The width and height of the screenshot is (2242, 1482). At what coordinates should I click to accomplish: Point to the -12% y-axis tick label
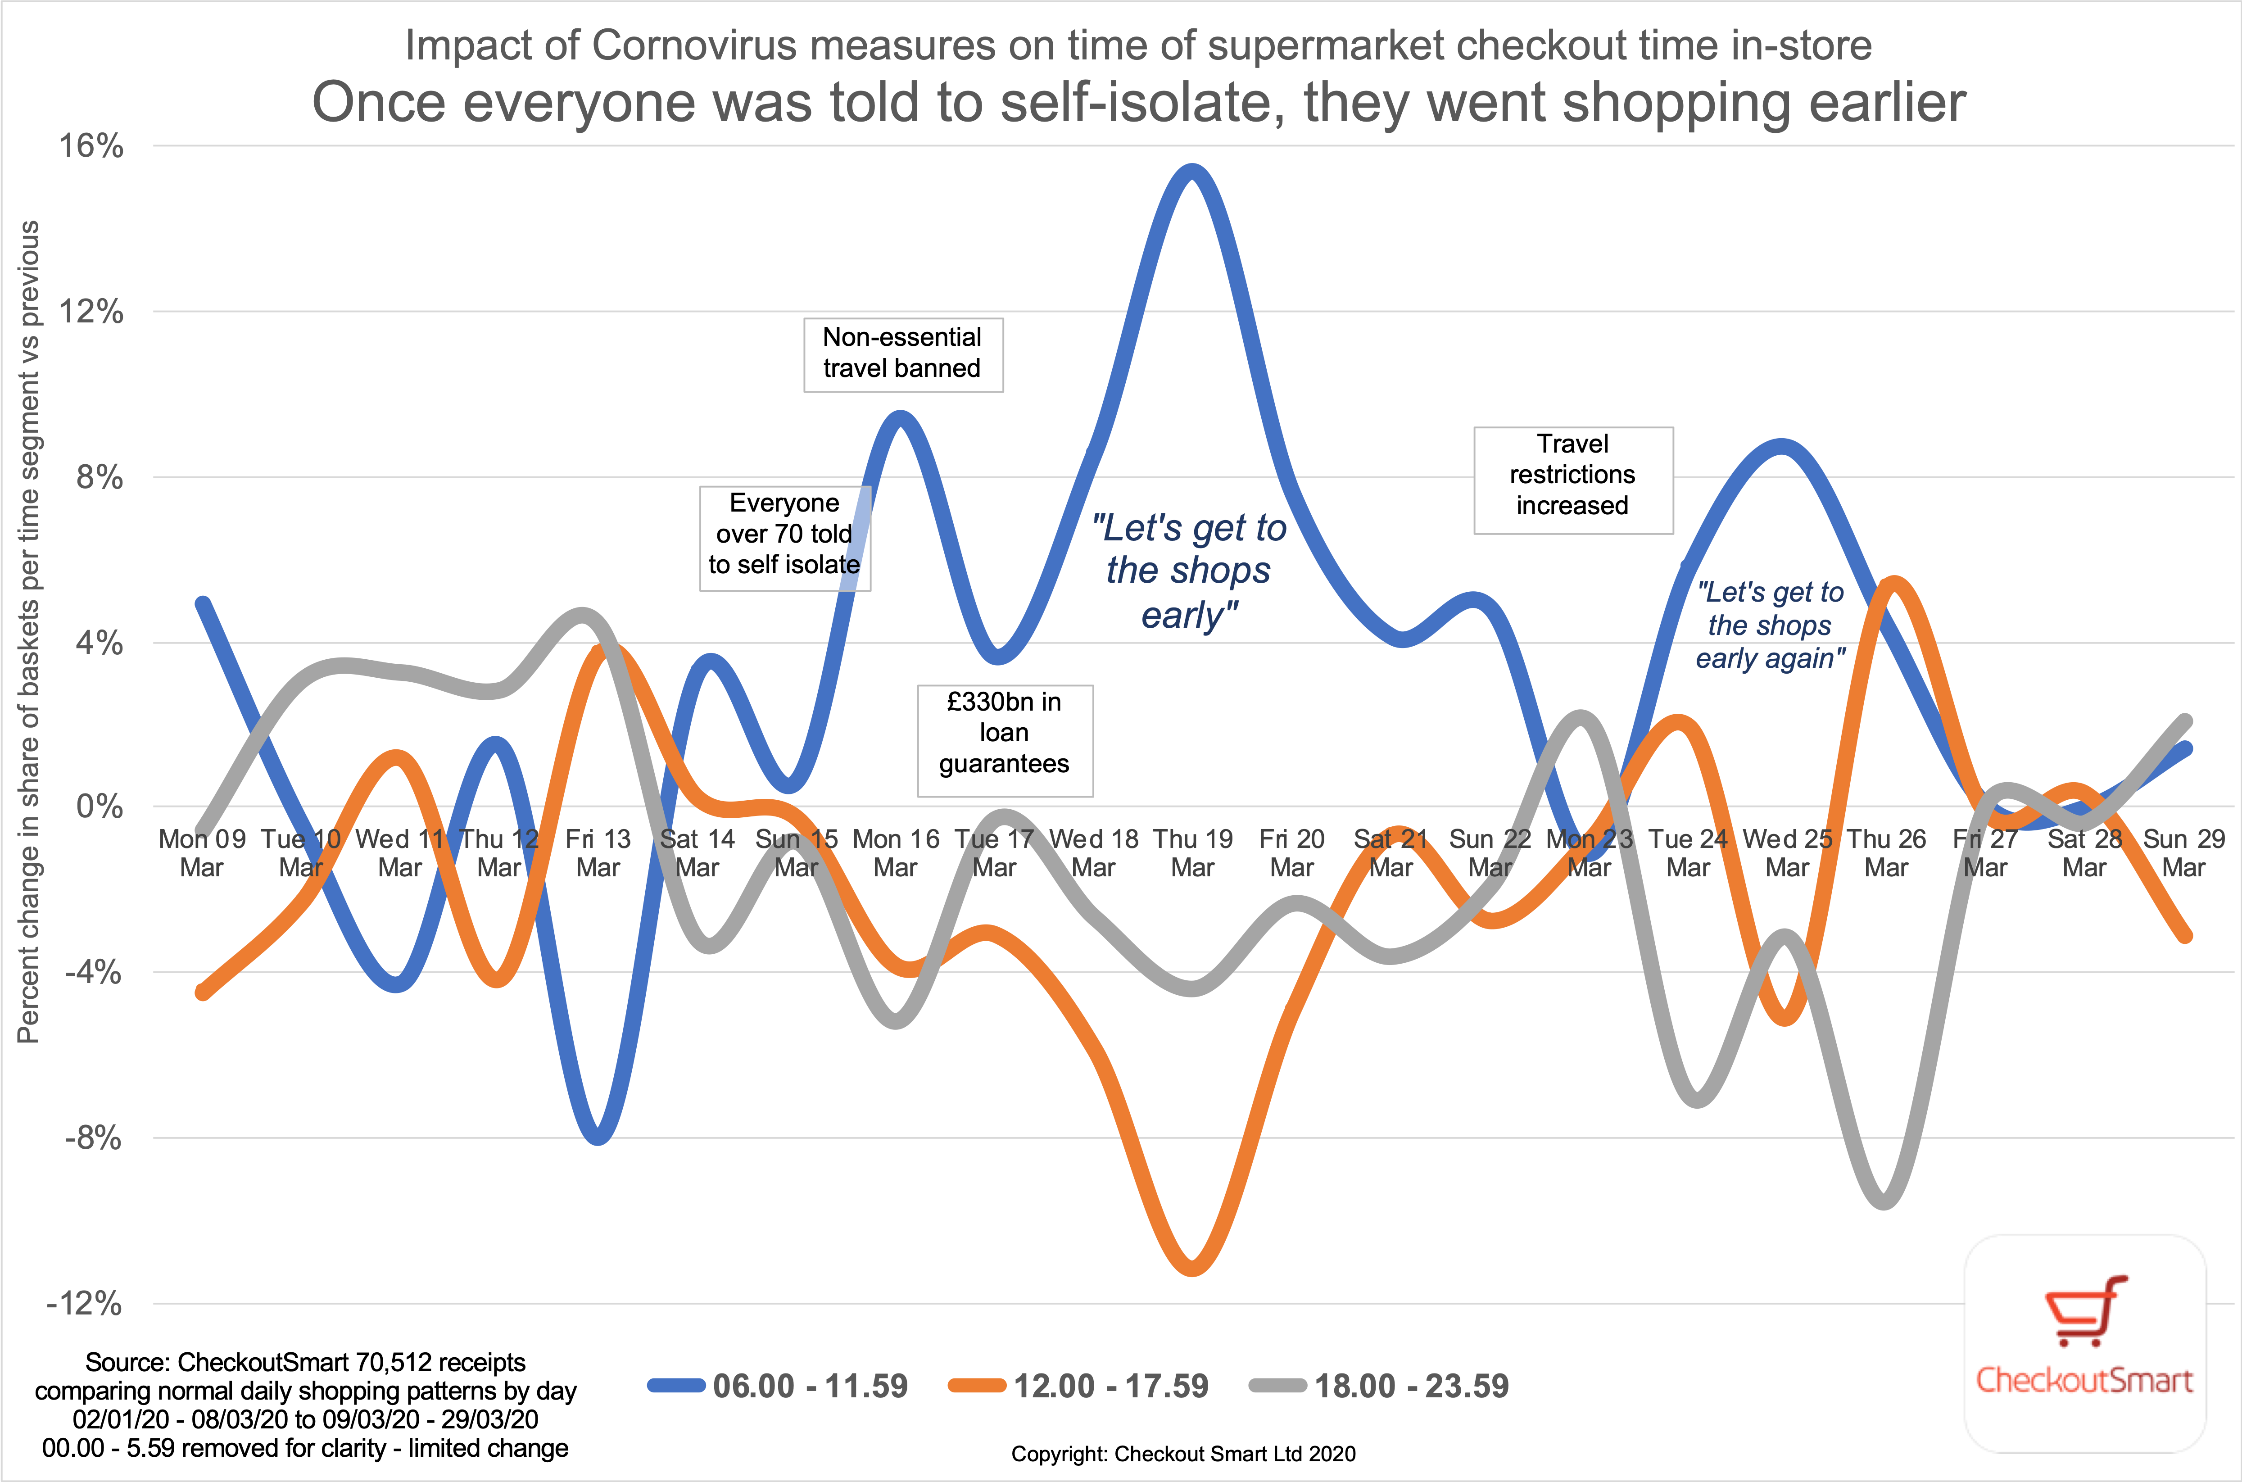(85, 1304)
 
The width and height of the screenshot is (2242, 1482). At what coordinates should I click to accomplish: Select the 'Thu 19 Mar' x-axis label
(1192, 852)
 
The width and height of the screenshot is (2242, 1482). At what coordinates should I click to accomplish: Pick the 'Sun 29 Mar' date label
(2183, 852)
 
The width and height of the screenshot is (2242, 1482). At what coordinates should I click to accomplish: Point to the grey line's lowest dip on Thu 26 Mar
(1885, 1201)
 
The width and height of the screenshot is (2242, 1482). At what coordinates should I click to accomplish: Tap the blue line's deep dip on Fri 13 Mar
(598, 1136)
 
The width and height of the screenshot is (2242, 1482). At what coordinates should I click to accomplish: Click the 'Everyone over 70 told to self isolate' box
(784, 534)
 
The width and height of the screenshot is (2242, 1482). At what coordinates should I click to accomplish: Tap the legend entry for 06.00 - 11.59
(777, 1387)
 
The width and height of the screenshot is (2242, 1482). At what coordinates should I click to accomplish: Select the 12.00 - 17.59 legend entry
(1078, 1387)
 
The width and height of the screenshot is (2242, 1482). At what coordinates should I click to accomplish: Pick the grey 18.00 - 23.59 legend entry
(1379, 1387)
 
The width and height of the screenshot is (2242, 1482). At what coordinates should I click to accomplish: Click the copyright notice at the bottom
(1183, 1454)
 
